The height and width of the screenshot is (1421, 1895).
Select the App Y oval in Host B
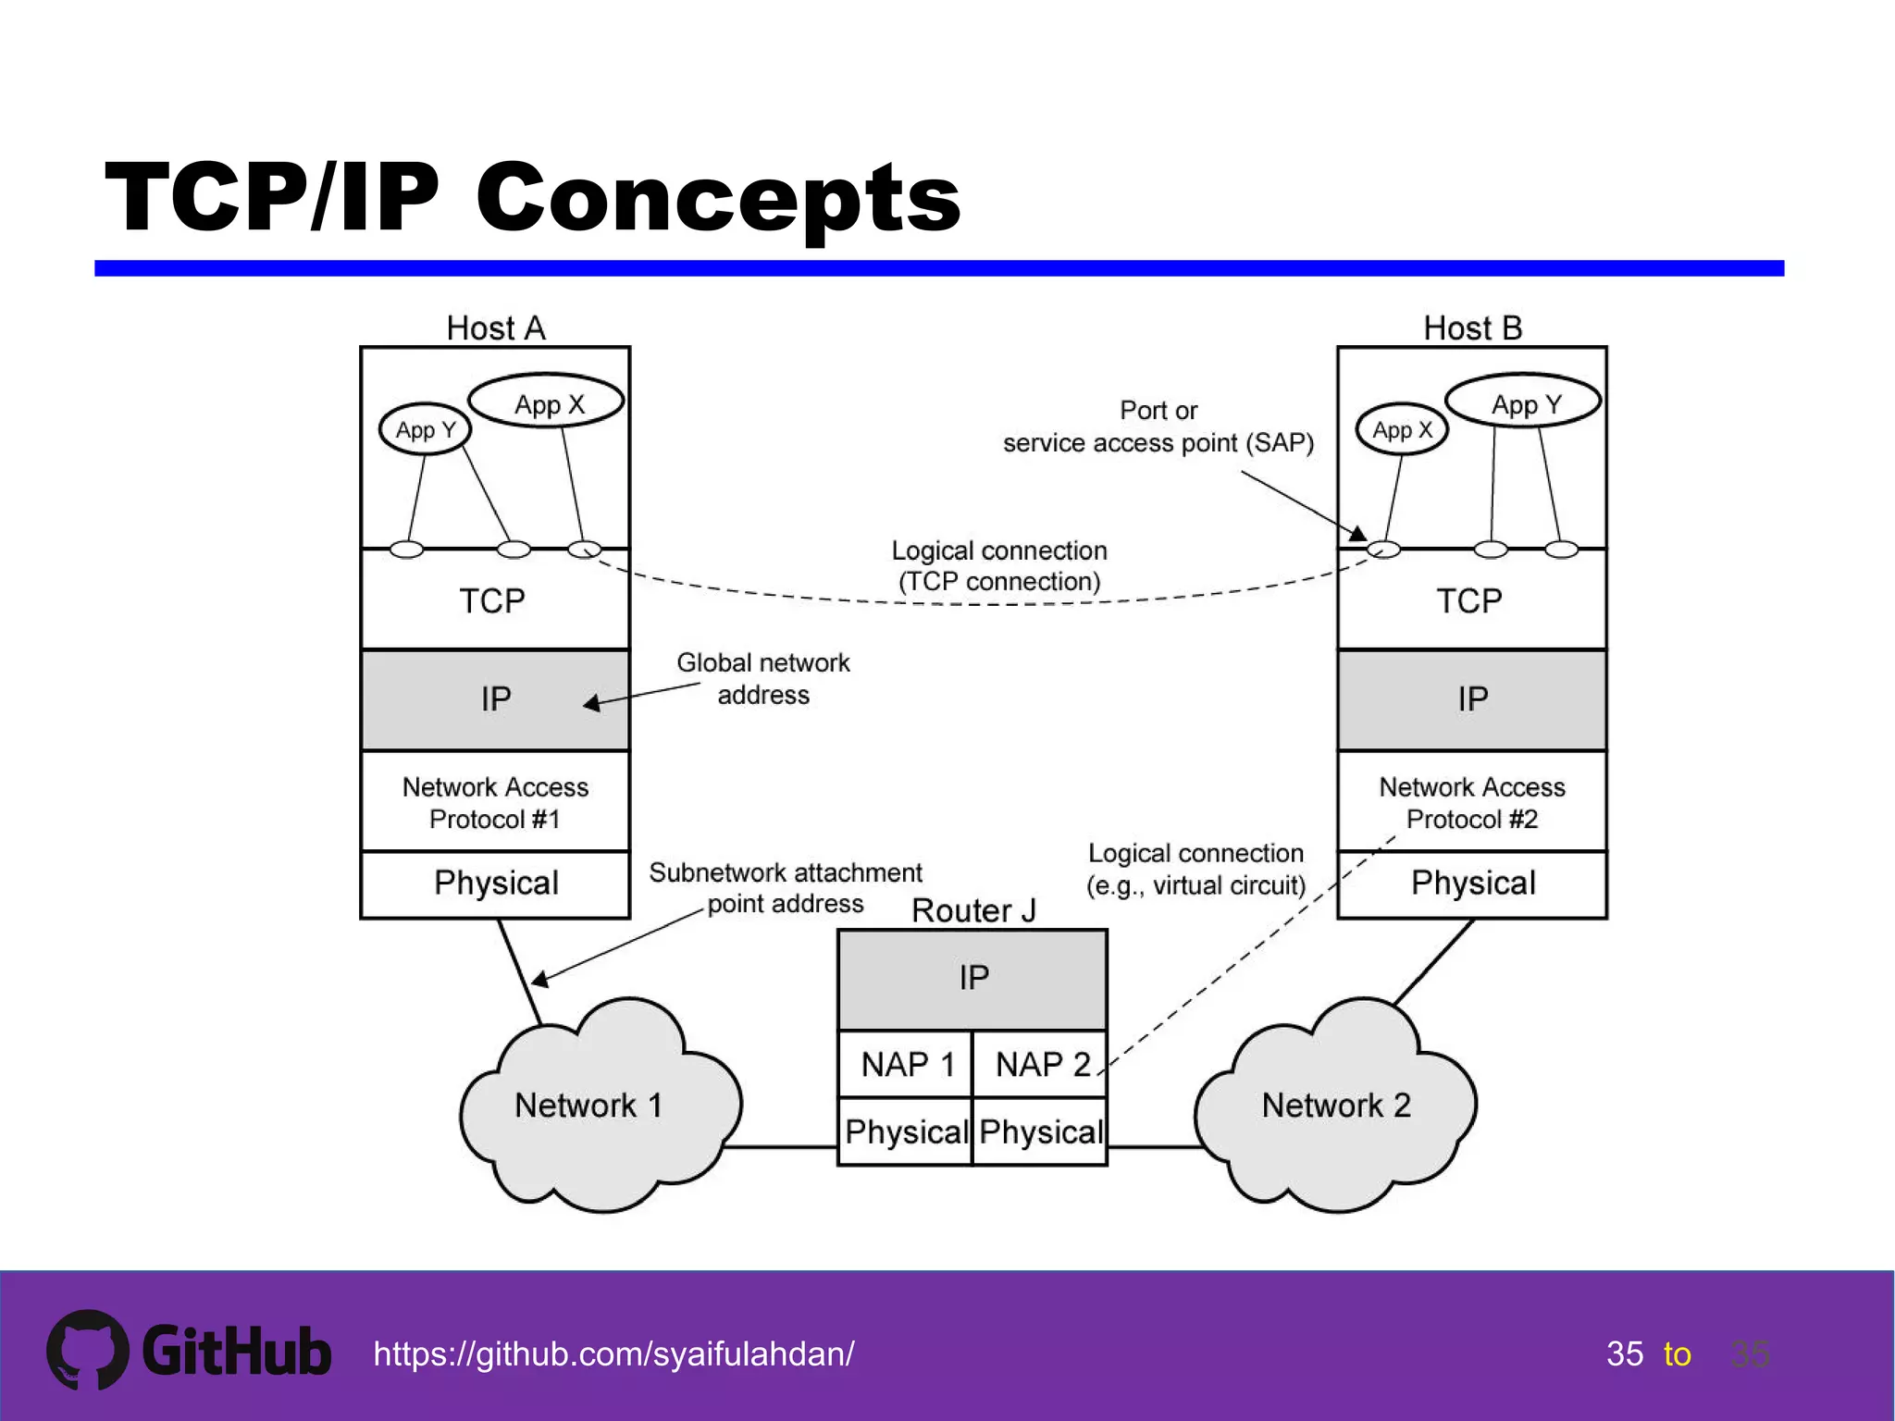pos(1524,402)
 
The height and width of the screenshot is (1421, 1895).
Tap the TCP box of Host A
pos(494,600)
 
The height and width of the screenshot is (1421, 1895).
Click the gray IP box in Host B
pos(1471,699)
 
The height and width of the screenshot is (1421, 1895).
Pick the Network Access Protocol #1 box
pos(494,802)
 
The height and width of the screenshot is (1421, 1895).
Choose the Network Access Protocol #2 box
pos(1471,802)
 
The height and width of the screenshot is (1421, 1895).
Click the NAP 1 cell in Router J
pos(905,1065)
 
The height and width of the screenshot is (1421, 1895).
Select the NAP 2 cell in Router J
pos(1040,1065)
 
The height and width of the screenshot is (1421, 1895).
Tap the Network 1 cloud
pos(592,1106)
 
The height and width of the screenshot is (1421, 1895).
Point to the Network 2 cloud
pos(1335,1106)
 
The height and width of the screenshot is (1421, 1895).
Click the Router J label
pos(972,910)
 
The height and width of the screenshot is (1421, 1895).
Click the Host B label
pos(1471,327)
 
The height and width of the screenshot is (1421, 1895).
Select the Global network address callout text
pos(762,678)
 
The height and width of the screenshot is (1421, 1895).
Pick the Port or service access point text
pos(1158,426)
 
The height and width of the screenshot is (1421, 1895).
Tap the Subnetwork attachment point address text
pos(785,887)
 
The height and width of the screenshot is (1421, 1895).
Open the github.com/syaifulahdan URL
pos(613,1354)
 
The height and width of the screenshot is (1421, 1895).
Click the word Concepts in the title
pos(718,198)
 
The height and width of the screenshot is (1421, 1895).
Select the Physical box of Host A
pos(494,883)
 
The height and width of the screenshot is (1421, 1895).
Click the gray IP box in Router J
pos(972,979)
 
